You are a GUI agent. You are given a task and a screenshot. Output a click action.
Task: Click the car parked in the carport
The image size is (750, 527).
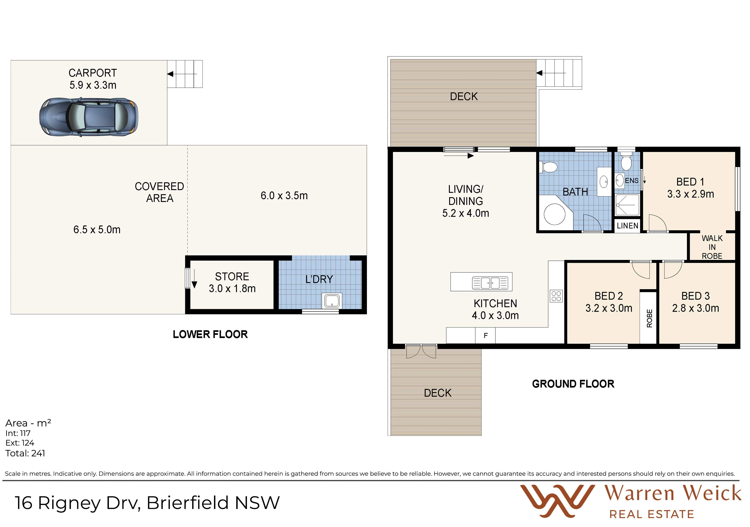[89, 117]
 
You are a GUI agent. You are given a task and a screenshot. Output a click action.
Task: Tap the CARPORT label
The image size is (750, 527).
[93, 73]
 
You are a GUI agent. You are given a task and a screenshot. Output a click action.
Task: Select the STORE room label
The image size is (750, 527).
[232, 276]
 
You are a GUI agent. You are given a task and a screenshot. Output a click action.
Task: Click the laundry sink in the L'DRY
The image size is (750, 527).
[332, 301]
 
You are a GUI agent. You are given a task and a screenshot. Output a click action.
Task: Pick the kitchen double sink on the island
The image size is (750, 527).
[490, 283]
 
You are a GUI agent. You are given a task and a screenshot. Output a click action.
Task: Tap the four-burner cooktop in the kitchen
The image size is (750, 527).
[556, 296]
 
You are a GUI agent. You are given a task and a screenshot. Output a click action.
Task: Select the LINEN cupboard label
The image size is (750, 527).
[627, 226]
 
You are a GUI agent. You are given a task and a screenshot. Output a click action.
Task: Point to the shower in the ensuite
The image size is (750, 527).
[627, 205]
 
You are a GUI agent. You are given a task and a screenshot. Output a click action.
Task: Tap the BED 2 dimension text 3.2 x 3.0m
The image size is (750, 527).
[609, 308]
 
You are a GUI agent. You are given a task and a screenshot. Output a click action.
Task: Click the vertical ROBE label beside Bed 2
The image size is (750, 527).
[649, 318]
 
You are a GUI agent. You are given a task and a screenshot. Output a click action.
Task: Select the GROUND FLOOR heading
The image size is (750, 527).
[573, 384]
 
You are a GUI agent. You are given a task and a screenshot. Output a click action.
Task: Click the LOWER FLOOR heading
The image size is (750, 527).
[210, 334]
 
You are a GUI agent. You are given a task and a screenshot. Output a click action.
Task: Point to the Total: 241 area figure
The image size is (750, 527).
[25, 453]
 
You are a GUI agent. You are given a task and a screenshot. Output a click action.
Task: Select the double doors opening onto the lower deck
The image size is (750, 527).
[421, 351]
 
